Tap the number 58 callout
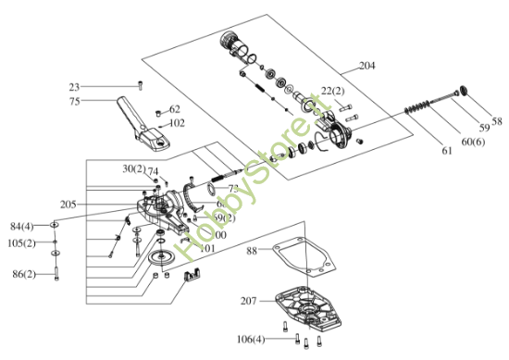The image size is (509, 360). click(496, 120)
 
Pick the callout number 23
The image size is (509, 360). click(75, 87)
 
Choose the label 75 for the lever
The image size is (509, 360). click(75, 101)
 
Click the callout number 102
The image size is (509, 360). click(177, 122)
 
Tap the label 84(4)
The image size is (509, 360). click(21, 227)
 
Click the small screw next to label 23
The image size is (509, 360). click(140, 85)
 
